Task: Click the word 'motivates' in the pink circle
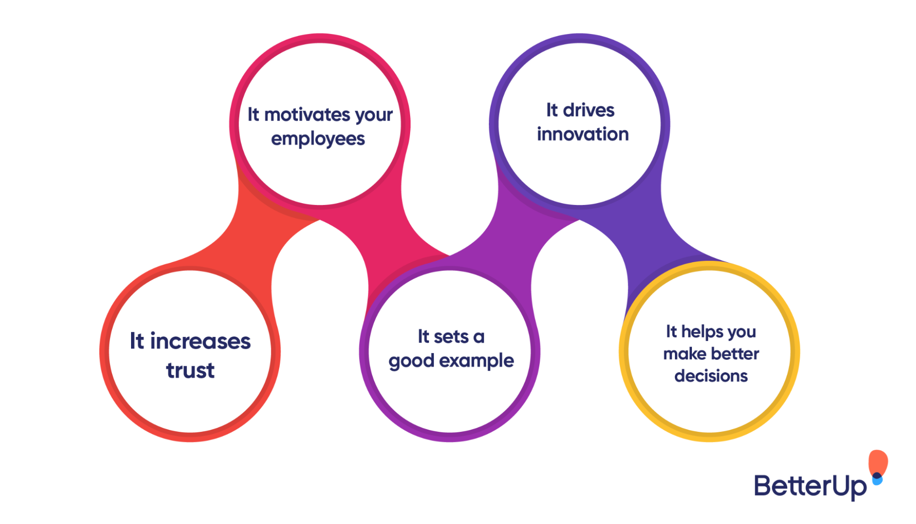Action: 307,115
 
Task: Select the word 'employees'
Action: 318,139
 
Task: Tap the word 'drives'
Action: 588,110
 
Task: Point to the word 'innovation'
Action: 582,134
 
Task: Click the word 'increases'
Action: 200,342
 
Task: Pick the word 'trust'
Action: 190,370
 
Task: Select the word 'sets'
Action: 451,337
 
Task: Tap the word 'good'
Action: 411,361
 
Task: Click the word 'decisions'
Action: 711,376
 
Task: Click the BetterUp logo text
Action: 810,486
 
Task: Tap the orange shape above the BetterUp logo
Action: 878,462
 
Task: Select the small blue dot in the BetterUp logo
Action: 877,480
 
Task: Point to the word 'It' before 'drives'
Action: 552,110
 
